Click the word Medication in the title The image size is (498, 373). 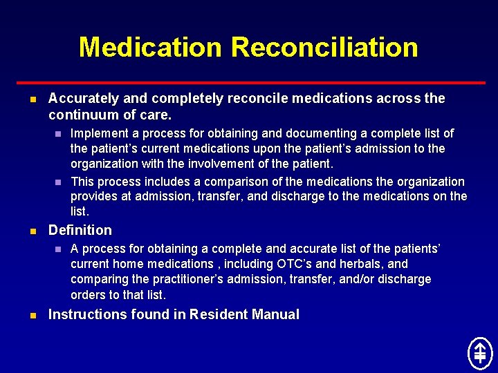[x=151, y=48]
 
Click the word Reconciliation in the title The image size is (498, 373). [x=324, y=48]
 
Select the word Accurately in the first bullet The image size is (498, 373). [x=82, y=99]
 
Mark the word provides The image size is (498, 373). [x=94, y=197]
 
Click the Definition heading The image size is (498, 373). [x=80, y=230]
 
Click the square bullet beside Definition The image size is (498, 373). [x=33, y=231]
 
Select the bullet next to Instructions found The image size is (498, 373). [x=33, y=316]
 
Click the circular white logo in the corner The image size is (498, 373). [x=479, y=353]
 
